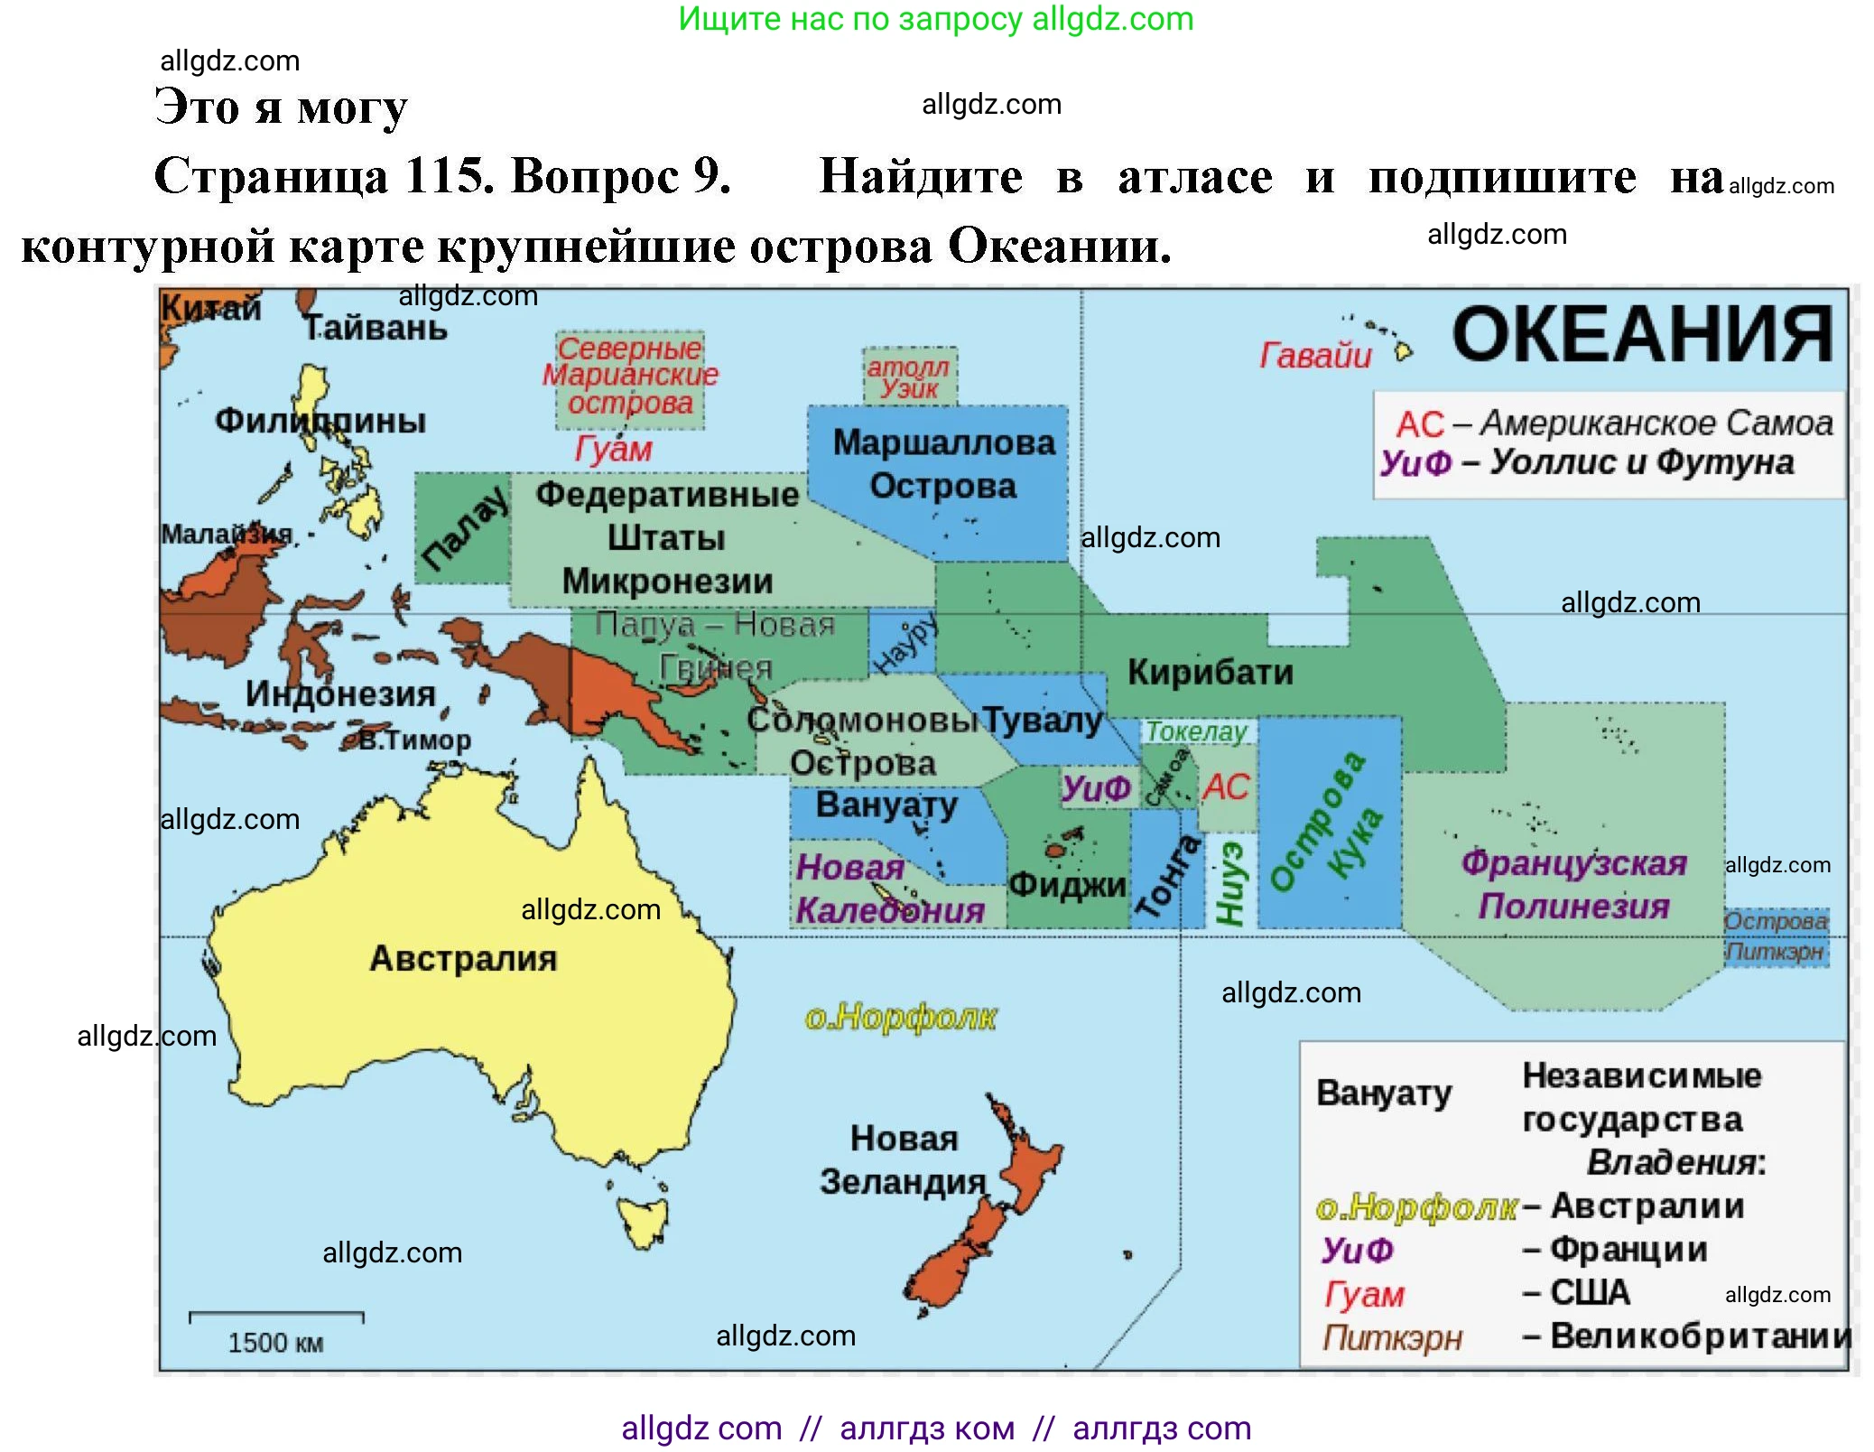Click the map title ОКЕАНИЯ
pos(1641,336)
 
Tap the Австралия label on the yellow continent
pos(463,959)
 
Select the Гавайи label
pos(1315,356)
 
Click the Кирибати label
pos(1210,673)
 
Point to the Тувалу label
pos(1043,721)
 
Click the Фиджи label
pos(1067,885)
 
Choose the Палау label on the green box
pos(464,531)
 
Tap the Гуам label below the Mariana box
pos(613,449)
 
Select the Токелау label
pos(1196,731)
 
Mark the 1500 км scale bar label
pos(275,1343)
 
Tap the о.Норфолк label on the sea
pos(900,1018)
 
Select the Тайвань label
pos(375,328)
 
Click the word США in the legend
pos(1590,1293)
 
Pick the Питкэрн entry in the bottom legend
pos(1392,1337)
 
